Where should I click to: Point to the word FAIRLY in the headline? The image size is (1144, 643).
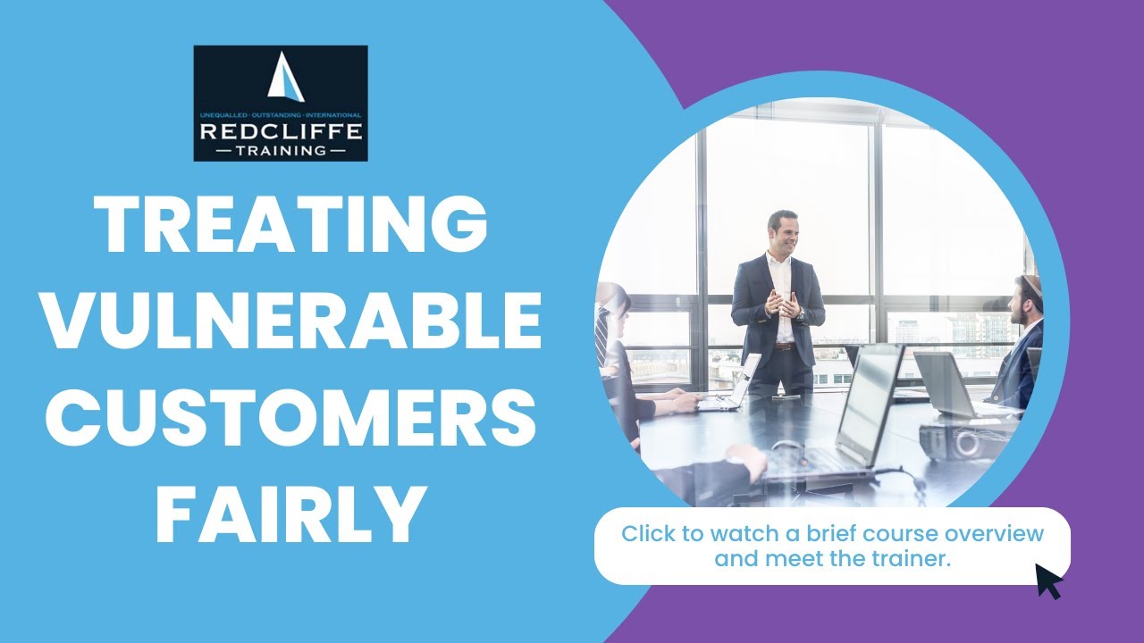tap(292, 516)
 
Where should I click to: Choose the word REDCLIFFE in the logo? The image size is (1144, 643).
tap(281, 132)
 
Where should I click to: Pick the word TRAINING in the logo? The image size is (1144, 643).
tap(281, 151)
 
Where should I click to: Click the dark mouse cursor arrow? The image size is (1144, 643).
tap(1047, 580)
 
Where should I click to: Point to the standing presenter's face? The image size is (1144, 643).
tap(783, 233)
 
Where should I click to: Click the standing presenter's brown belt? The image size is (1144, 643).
tap(784, 346)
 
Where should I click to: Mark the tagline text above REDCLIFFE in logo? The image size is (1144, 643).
tap(281, 116)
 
